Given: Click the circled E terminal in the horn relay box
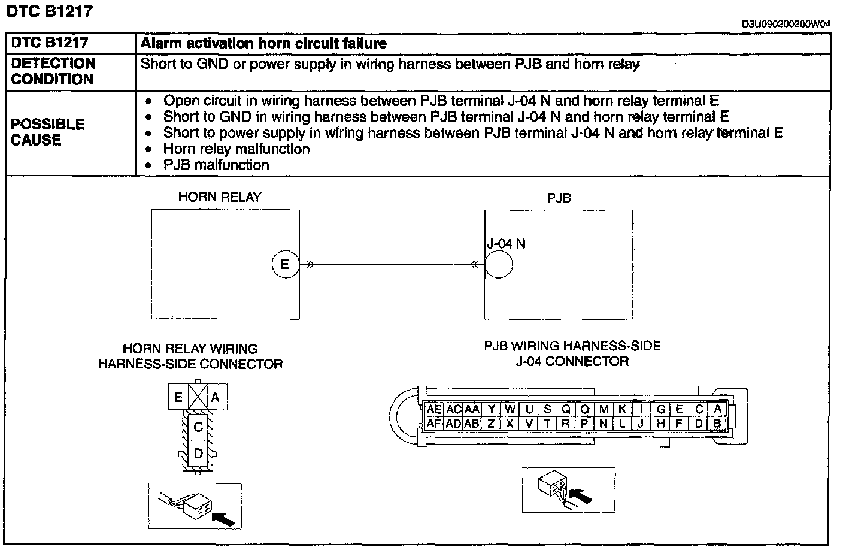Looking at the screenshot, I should (285, 264).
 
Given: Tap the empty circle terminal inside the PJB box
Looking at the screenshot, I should (498, 264).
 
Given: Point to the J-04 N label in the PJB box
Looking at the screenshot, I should (506, 244).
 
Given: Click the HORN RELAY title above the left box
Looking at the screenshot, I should (220, 198).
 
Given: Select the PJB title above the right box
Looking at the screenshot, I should (559, 198).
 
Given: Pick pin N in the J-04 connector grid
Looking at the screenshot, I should (604, 423).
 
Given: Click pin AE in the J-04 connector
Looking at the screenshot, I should (434, 410).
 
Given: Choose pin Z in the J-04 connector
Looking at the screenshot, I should (491, 423).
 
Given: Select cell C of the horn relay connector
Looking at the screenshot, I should (198, 427).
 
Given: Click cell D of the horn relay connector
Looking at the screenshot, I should (198, 454).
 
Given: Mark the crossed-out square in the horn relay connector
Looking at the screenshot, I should (198, 397).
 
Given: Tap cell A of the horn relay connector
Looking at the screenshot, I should (216, 397).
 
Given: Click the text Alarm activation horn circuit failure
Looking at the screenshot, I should (263, 43).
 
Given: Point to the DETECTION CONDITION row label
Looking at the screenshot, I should (53, 71).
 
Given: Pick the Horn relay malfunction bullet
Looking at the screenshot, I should (236, 149).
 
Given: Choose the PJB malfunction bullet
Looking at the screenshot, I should (216, 165).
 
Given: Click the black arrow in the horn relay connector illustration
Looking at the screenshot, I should (223, 518).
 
